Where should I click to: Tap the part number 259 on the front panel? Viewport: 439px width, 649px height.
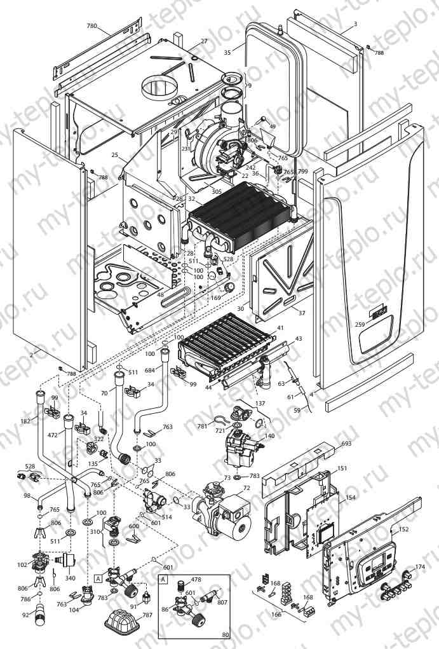click(360, 325)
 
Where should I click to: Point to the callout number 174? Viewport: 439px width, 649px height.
click(420, 566)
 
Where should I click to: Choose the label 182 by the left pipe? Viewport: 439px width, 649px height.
click(25, 421)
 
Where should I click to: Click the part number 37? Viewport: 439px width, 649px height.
click(302, 313)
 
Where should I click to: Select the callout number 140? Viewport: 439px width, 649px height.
click(270, 436)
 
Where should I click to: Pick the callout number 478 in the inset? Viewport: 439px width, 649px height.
click(196, 580)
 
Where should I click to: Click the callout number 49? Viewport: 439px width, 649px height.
click(273, 127)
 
